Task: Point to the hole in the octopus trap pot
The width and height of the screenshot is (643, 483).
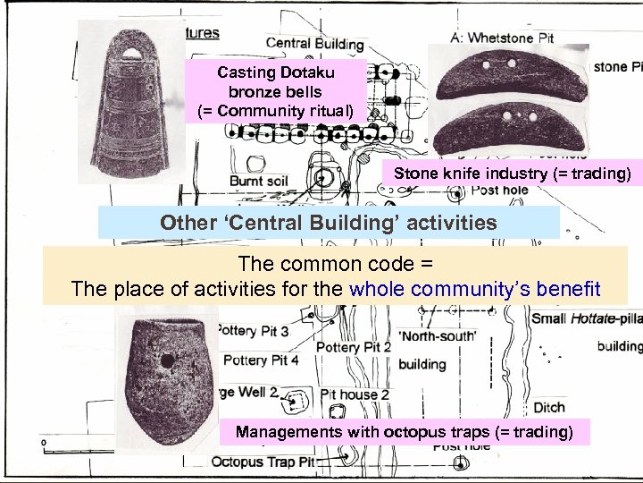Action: tap(166, 361)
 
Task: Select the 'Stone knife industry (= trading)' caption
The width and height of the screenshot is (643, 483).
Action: tap(511, 173)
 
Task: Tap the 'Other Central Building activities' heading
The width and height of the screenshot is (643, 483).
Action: tap(328, 222)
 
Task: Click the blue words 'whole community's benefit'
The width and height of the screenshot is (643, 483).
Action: tap(475, 288)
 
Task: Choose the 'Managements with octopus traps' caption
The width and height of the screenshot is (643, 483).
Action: tap(403, 432)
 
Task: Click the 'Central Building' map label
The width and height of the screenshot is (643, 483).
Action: tap(314, 44)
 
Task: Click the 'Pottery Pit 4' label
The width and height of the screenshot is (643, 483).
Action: tap(260, 360)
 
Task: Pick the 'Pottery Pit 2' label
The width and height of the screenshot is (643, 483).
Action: tap(355, 347)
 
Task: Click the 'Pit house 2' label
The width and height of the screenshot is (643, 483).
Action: tap(355, 394)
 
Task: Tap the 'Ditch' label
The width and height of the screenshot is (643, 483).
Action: tap(548, 408)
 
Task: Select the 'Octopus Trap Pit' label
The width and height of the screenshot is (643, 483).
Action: tap(263, 462)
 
